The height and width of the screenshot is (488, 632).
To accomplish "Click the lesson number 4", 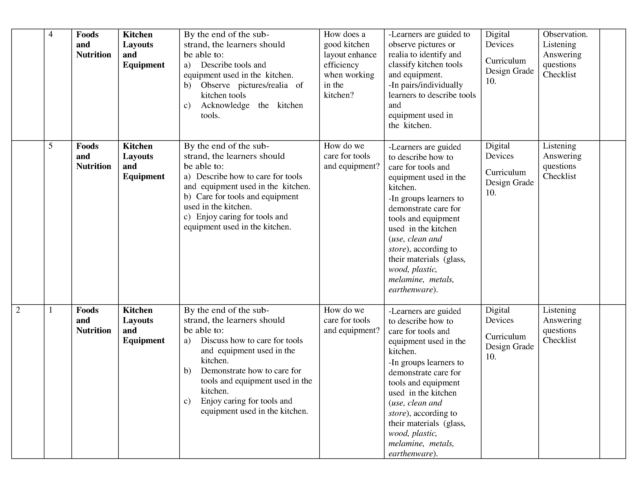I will click(x=51, y=34).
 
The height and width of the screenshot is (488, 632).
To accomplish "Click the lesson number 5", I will click(x=51, y=146).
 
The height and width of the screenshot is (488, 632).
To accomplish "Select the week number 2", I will click(x=18, y=310).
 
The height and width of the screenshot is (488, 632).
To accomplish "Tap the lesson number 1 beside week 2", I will click(x=51, y=310).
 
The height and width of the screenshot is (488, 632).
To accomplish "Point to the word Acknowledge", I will click(x=225, y=105).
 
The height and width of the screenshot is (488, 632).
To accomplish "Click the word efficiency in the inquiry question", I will click(x=341, y=65).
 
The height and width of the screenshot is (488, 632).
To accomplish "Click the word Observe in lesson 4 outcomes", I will click(x=215, y=85).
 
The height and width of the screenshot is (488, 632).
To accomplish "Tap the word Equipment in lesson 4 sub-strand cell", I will click(x=143, y=65).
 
